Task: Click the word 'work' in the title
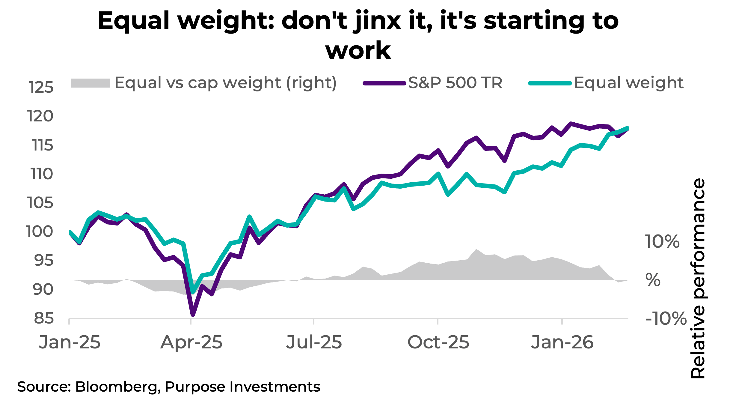[x=358, y=50]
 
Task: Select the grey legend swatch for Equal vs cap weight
[x=91, y=83]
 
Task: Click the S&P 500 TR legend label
[x=455, y=83]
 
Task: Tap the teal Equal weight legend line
[x=550, y=83]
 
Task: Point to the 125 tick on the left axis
[x=41, y=88]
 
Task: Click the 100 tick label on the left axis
[x=40, y=232]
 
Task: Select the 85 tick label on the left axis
[x=44, y=318]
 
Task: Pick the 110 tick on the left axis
[x=42, y=174]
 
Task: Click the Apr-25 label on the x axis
[x=191, y=342]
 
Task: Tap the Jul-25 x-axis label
[x=314, y=342]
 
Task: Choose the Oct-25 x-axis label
[x=438, y=342]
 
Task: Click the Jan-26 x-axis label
[x=562, y=342]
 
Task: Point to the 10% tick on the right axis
[x=662, y=241]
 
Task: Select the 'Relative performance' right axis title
[x=698, y=279]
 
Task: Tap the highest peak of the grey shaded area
[x=476, y=249]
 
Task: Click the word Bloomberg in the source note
[x=116, y=387]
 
